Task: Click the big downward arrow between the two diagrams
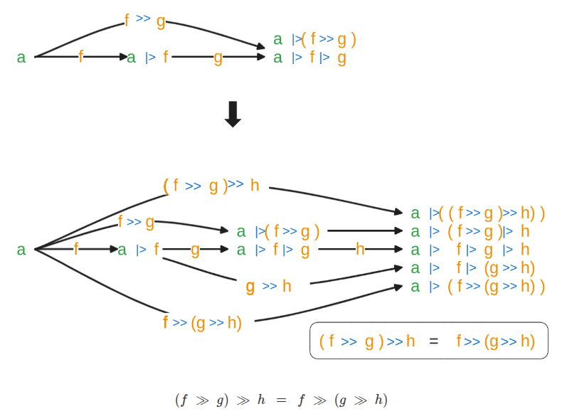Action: point(233,114)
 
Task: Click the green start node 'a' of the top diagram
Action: point(21,58)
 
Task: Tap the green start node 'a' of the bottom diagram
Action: point(21,250)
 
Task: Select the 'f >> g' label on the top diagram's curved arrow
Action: point(144,20)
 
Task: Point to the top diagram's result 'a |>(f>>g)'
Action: point(314,39)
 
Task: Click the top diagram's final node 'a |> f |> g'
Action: point(309,58)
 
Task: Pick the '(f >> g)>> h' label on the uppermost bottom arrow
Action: point(211,186)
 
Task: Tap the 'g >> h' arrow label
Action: point(269,286)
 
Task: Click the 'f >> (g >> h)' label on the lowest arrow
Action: point(203,323)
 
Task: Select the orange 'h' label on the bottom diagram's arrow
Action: point(360,250)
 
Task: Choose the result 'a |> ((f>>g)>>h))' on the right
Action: point(477,213)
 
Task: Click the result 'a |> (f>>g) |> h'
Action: point(470,231)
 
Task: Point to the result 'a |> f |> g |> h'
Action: point(470,250)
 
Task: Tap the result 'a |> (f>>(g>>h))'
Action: point(477,287)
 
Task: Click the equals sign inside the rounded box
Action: point(434,341)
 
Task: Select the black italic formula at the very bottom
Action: point(281,400)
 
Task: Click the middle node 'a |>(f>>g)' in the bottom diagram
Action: point(278,231)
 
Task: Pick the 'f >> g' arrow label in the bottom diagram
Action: point(136,222)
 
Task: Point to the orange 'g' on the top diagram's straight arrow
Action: point(218,58)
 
